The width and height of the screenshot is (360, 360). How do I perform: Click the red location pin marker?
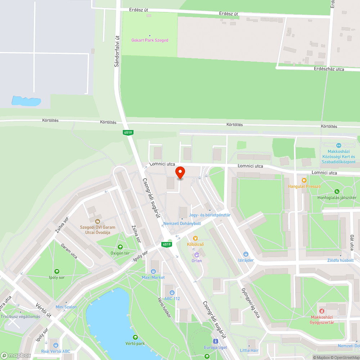pyautogui.click(x=180, y=172)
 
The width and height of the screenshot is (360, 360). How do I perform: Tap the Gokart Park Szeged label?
pyautogui.click(x=150, y=40)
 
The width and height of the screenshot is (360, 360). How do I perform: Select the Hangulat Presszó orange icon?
pyautogui.click(x=304, y=180)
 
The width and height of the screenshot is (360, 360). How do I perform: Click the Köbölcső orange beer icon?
pyautogui.click(x=195, y=238)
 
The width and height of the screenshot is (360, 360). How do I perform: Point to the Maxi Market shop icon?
pyautogui.click(x=153, y=271)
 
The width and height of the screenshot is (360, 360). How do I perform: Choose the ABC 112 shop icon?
pyautogui.click(x=172, y=292)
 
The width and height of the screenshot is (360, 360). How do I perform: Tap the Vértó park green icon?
pyautogui.click(x=135, y=337)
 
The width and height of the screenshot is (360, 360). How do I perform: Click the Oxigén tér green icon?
pyautogui.click(x=120, y=247)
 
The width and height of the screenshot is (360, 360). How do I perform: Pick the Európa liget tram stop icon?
pyautogui.click(x=215, y=341)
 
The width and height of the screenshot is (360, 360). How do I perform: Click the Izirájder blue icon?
pyautogui.click(x=246, y=254)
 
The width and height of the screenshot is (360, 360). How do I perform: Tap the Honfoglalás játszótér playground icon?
pyautogui.click(x=337, y=192)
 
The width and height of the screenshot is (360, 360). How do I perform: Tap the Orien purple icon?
pyautogui.click(x=197, y=255)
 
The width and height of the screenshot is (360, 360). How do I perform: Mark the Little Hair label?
pyautogui.click(x=249, y=350)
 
